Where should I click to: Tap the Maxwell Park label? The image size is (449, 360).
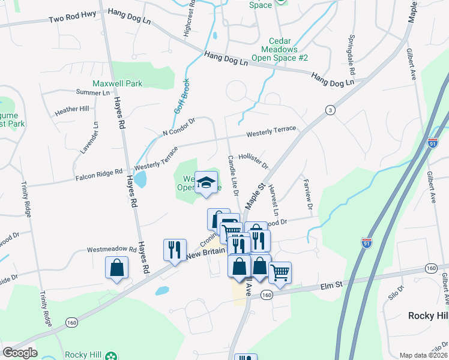click(117, 83)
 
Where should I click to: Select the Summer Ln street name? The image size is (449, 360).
click(93, 92)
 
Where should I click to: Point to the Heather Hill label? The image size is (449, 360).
click(71, 110)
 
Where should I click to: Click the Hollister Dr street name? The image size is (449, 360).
click(253, 160)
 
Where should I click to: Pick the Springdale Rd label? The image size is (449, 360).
click(351, 55)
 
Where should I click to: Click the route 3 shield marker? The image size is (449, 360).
click(330, 110)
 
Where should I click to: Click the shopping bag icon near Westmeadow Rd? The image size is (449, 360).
click(116, 268)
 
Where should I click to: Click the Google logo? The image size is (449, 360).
click(20, 353)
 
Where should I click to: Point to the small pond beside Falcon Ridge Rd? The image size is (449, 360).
click(140, 178)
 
